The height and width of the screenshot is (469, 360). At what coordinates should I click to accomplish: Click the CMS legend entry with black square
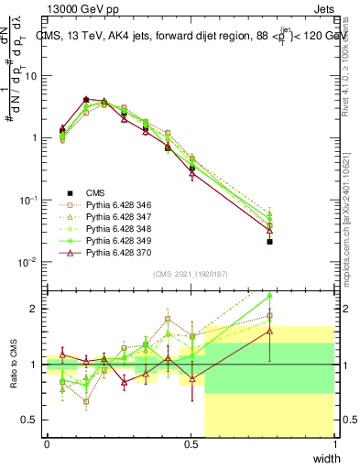coord(96,193)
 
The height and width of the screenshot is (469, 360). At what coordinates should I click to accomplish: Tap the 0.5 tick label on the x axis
coord(191,444)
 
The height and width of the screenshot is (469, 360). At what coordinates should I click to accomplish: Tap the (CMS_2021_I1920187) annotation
coord(191,274)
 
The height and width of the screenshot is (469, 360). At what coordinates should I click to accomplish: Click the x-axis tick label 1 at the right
coord(335,444)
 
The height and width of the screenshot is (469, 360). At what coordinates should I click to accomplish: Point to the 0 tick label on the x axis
coord(47,444)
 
